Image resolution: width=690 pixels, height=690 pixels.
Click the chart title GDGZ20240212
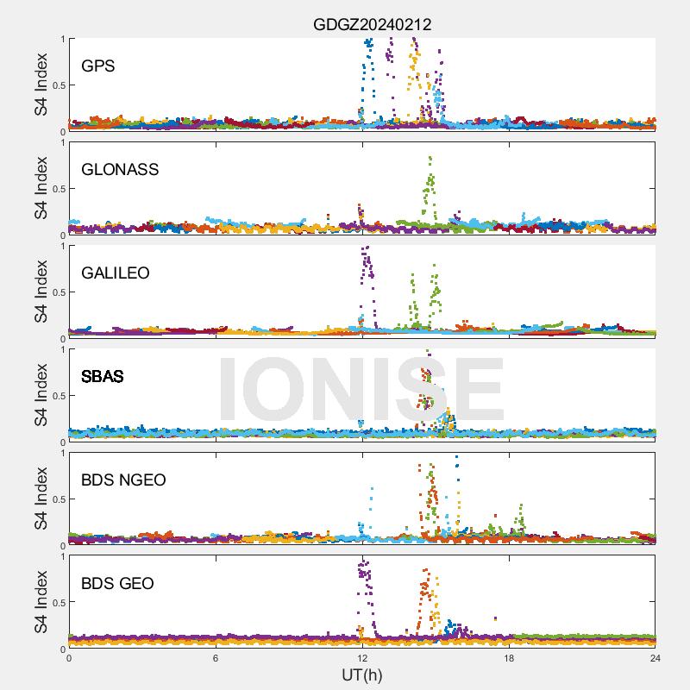click(372, 24)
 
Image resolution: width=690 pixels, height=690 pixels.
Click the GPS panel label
click(98, 66)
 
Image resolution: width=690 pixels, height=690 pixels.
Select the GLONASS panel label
click(120, 170)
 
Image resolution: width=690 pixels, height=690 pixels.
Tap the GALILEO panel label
click(116, 273)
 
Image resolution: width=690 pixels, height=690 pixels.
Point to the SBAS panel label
click(103, 377)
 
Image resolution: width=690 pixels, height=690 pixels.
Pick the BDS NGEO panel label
click(123, 480)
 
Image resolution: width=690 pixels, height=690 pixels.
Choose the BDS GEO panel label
click(117, 584)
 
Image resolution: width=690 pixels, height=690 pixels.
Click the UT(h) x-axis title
click(361, 675)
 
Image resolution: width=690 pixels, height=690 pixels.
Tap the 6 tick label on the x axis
click(216, 659)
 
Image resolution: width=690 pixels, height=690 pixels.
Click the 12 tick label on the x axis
click(362, 659)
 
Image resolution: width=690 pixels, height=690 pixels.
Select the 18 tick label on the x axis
click(509, 659)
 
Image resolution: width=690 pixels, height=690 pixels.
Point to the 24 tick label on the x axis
click(655, 659)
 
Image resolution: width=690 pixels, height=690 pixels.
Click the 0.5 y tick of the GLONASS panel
click(57, 189)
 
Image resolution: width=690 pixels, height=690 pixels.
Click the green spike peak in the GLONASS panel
click(430, 158)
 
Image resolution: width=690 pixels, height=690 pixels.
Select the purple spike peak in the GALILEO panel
click(367, 248)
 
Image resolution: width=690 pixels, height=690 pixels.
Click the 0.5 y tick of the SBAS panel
click(57, 396)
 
